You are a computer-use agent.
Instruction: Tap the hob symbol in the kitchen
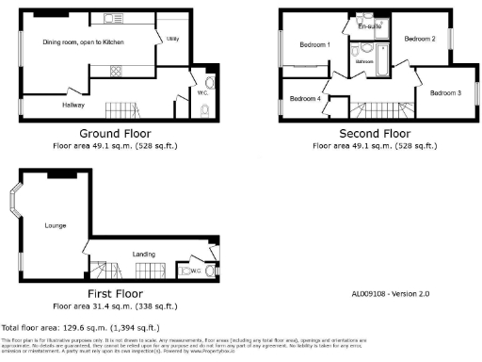coord(116,69)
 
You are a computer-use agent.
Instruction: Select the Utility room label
coord(172,39)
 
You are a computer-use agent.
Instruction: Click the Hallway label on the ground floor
coord(73,105)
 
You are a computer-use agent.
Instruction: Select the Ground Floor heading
coord(115,133)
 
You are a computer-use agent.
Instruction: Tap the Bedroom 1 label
coord(314,45)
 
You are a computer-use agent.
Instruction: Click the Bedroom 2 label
coord(419,39)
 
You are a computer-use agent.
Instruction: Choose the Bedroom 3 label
coord(445,92)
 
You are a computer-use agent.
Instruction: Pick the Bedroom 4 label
coord(304,99)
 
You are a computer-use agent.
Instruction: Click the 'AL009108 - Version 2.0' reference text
coord(392,294)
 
